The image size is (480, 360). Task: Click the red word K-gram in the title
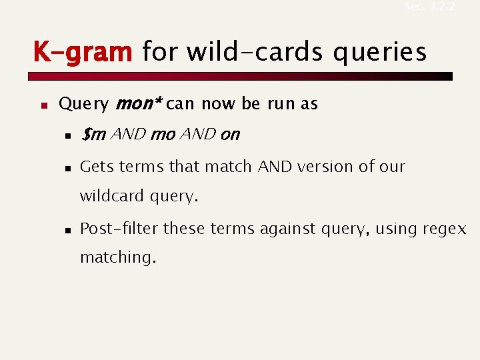(x=83, y=51)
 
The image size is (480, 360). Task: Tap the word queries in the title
(x=379, y=51)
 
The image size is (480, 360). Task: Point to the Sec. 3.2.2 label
(x=429, y=7)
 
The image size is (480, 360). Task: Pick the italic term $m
(x=93, y=135)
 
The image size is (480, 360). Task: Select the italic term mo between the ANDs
(x=163, y=135)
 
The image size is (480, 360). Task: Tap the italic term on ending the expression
(x=229, y=135)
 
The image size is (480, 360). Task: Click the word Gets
(x=97, y=166)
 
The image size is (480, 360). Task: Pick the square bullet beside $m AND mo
(x=67, y=136)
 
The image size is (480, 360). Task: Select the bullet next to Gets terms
(x=67, y=167)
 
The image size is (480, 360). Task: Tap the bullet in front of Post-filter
(x=67, y=229)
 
